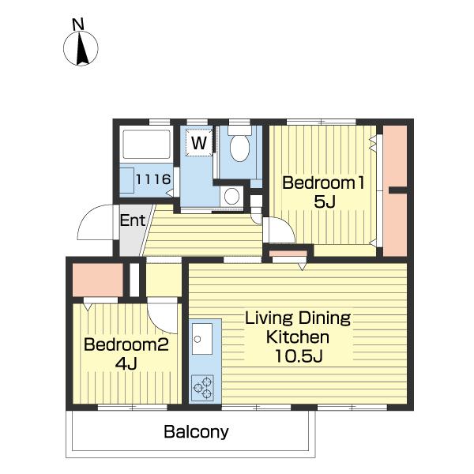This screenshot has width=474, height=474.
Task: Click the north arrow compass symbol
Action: click(x=81, y=48)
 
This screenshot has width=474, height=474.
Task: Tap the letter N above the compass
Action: click(x=78, y=24)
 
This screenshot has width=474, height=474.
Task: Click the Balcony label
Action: click(x=196, y=432)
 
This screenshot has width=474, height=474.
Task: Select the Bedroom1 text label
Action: click(x=323, y=182)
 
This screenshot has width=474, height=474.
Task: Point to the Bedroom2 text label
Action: click(x=126, y=344)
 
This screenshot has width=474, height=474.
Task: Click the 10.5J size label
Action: click(x=299, y=355)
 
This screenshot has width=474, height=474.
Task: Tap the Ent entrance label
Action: click(x=133, y=220)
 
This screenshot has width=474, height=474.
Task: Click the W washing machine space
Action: click(x=199, y=143)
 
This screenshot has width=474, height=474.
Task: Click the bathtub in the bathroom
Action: click(x=146, y=145)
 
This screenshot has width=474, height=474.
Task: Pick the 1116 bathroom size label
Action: click(x=153, y=179)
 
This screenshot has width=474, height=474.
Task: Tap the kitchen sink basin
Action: click(x=202, y=339)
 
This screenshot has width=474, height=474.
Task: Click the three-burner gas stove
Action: click(x=202, y=388)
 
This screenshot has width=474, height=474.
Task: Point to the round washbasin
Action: click(x=231, y=197)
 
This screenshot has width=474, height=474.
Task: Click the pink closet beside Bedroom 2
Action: click(x=98, y=280)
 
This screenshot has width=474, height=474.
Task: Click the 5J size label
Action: click(x=325, y=201)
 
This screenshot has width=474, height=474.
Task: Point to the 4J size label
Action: click(x=126, y=363)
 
